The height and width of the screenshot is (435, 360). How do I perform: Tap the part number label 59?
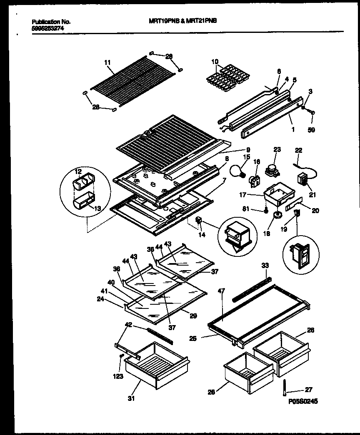311,130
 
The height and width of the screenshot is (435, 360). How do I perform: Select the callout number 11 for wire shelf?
107,62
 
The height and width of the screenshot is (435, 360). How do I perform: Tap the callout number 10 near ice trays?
215,62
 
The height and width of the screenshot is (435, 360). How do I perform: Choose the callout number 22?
299,150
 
